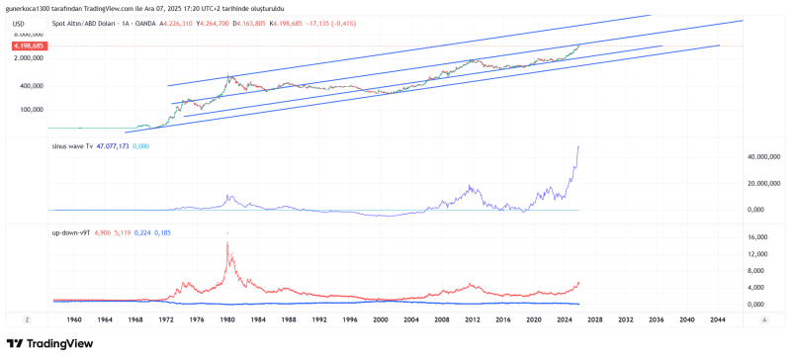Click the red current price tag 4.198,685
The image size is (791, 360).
pyautogui.click(x=28, y=46)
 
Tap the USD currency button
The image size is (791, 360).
pyautogui.click(x=18, y=22)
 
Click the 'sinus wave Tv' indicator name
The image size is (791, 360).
pyautogui.click(x=73, y=145)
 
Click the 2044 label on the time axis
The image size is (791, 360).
pyautogui.click(x=718, y=319)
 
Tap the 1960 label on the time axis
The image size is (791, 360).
pyautogui.click(x=75, y=319)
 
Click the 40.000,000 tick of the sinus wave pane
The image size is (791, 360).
pyautogui.click(x=763, y=157)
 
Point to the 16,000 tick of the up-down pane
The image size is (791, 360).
pyautogui.click(x=757, y=238)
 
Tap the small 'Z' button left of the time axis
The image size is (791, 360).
pyautogui.click(x=28, y=319)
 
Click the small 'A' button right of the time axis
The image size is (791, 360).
pyautogui.click(x=764, y=319)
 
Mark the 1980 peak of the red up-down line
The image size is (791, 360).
pyautogui.click(x=228, y=233)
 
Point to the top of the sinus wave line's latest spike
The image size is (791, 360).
pyautogui.click(x=578, y=146)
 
